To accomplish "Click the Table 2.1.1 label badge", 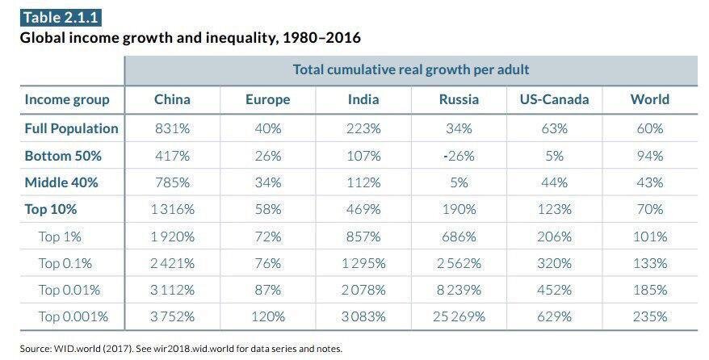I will pos(61,17).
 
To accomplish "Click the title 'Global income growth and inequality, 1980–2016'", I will pos(190,38).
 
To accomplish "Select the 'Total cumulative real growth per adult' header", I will pos(411,69).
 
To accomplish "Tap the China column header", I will pos(172,100).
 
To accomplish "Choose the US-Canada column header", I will pos(554,100).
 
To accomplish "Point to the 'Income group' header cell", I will pos(67,100).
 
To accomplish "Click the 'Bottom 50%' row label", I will pos(63,156).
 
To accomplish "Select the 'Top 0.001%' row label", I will pos(78,316).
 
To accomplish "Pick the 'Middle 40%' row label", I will pos(61,182).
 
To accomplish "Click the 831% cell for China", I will pos(172,128).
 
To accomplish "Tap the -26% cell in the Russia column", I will pos(459,156).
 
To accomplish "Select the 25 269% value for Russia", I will pos(459,316).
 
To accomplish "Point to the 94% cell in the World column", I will pos(649,156).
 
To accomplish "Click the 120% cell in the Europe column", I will pos(267,316).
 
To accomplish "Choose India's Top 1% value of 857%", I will pos(363,237).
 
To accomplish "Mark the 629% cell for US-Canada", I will pos(554,316).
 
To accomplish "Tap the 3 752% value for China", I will pos(172,316).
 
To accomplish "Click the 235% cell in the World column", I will pos(649,316).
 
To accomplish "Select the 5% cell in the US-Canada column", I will pos(554,156).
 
